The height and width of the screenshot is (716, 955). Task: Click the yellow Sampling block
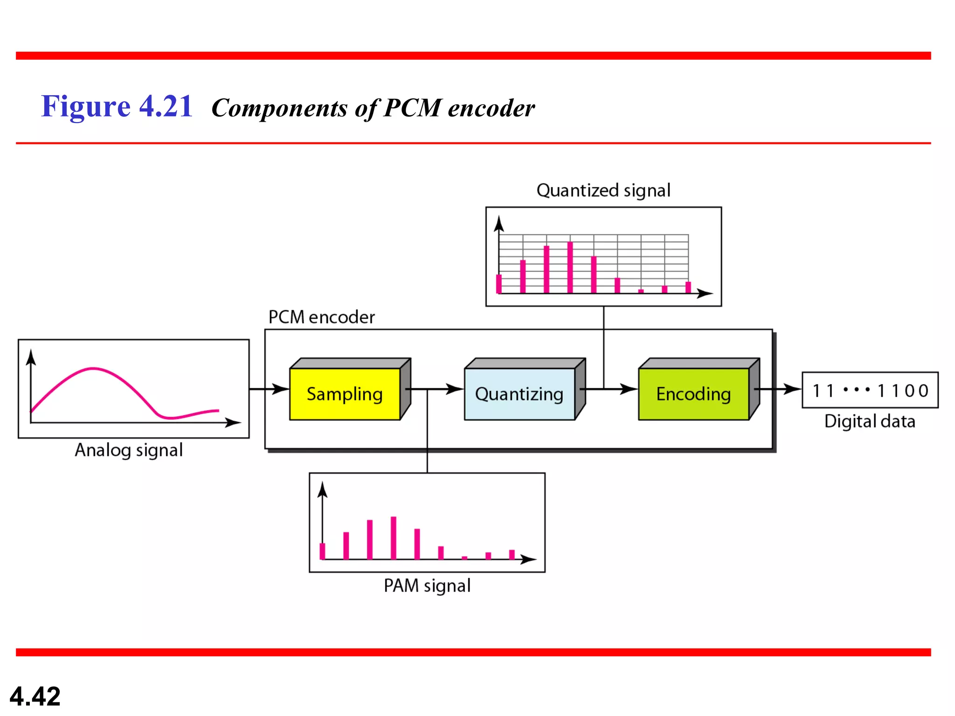coord(345,394)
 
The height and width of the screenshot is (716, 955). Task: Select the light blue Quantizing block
coord(519,394)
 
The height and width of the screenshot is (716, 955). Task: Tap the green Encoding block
coord(693,394)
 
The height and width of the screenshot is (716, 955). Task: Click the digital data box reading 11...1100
coord(870,390)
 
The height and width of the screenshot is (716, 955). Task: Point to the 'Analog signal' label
coord(129,450)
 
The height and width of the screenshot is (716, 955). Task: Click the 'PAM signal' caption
coord(427,585)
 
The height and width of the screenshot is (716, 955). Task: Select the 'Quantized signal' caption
coord(603,190)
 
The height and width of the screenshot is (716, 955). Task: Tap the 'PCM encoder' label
coord(321,317)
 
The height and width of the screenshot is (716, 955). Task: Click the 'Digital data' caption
coord(870,421)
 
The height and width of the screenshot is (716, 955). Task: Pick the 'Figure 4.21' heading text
coord(117,106)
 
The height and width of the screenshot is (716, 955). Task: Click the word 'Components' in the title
coord(279,108)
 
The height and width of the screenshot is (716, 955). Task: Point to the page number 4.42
coord(35,696)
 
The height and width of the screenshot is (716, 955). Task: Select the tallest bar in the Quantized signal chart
coord(570,267)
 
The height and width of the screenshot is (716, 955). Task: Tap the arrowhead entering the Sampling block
coord(281,389)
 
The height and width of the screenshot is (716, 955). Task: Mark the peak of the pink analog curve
coord(93,369)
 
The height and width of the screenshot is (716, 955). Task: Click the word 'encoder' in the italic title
coord(491,108)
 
